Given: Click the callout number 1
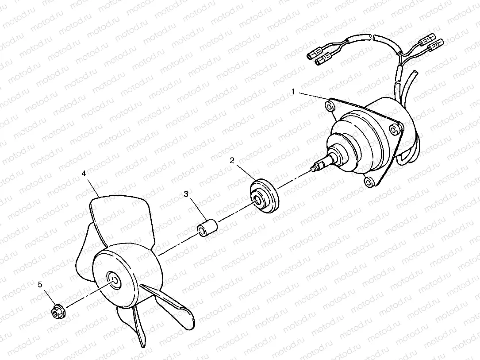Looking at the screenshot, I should tap(293, 92).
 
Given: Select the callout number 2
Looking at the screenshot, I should tap(232, 161).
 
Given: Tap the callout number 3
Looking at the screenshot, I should tap(186, 194).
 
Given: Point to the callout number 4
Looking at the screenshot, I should tap(84, 174).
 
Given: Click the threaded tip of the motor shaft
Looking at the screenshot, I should tap(315, 168).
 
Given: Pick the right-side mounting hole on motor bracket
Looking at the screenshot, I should tap(394, 128).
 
